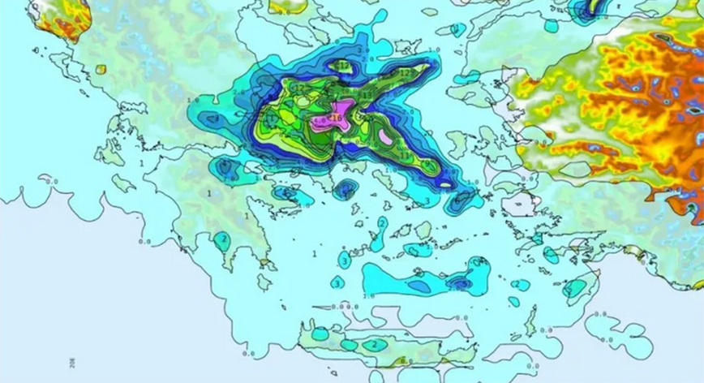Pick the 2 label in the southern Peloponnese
[x=221, y=239]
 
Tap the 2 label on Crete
[x=373, y=344]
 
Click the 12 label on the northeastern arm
[x=404, y=73]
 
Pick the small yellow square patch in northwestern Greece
[x=101, y=69]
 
